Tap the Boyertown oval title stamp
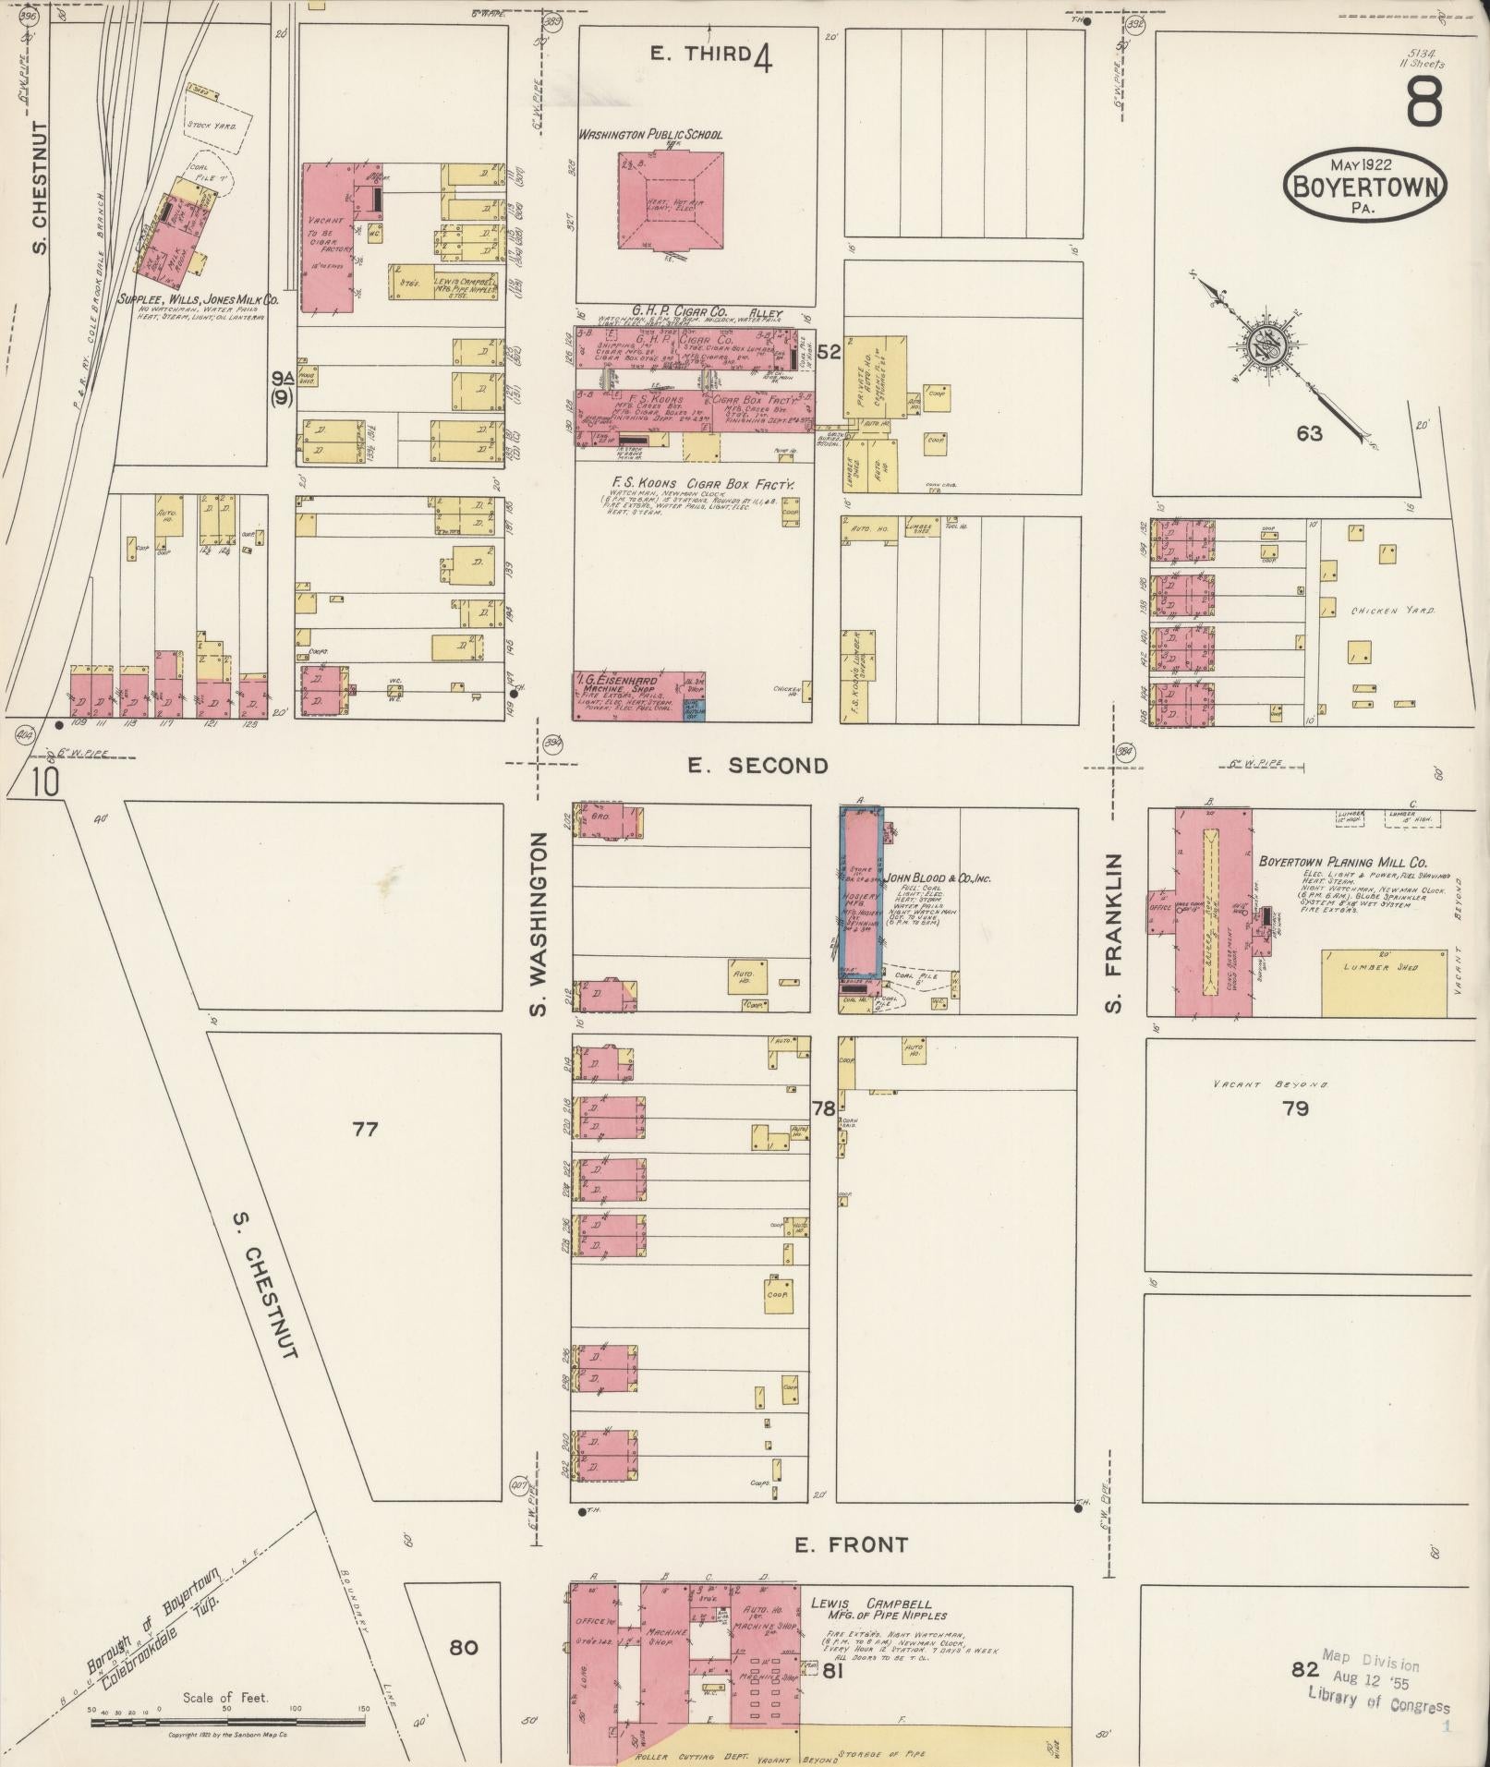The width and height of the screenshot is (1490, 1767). point(1364,185)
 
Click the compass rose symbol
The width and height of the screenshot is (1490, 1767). point(1261,345)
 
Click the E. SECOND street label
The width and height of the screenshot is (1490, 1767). point(757,765)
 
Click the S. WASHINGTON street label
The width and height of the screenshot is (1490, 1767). point(539,924)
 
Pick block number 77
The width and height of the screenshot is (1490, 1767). point(365,1129)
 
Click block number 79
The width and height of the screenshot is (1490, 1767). point(1295,1108)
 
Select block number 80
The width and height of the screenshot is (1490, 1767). point(464,1646)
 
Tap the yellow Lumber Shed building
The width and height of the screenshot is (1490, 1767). point(1384,982)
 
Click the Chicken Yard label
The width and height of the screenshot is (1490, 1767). point(1392,611)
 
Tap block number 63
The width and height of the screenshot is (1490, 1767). point(1309,433)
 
